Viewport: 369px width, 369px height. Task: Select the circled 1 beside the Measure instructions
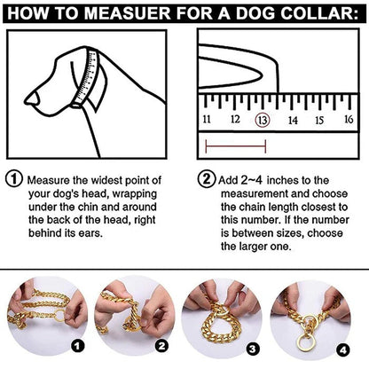coord(14,178)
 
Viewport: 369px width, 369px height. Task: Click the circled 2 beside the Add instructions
coord(205,178)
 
